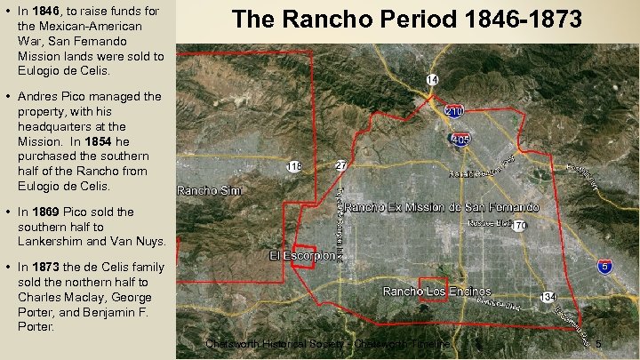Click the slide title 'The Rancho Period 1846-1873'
407,20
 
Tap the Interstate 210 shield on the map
454,112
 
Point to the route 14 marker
432,81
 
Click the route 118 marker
293,166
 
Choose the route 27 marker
340,165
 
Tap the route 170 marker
520,226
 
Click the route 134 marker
548,296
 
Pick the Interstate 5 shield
604,266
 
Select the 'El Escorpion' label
302,256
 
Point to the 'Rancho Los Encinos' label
436,291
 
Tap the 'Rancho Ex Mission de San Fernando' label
441,207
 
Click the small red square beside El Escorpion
303,255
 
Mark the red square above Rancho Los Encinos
433,291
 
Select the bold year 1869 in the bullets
45,212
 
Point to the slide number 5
598,344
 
